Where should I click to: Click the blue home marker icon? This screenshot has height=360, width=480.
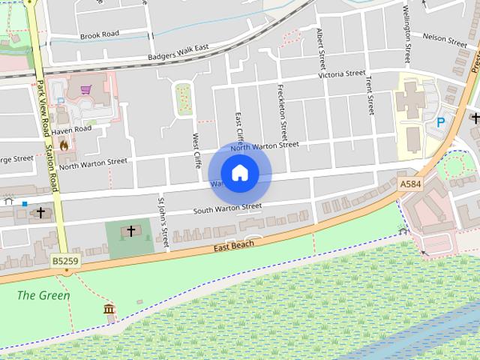pyautogui.click(x=239, y=173)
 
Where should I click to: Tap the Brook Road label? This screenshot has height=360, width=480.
pyautogui.click(x=100, y=34)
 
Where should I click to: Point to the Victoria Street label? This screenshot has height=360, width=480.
pyautogui.click(x=341, y=74)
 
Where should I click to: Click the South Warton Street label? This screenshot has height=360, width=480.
pyautogui.click(x=227, y=207)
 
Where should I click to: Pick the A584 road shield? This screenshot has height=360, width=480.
pyautogui.click(x=410, y=184)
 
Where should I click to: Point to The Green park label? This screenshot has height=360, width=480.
pyautogui.click(x=44, y=295)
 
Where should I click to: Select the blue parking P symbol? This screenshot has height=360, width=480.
pyautogui.click(x=441, y=121)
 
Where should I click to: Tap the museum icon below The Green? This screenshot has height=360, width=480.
pyautogui.click(x=109, y=309)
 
